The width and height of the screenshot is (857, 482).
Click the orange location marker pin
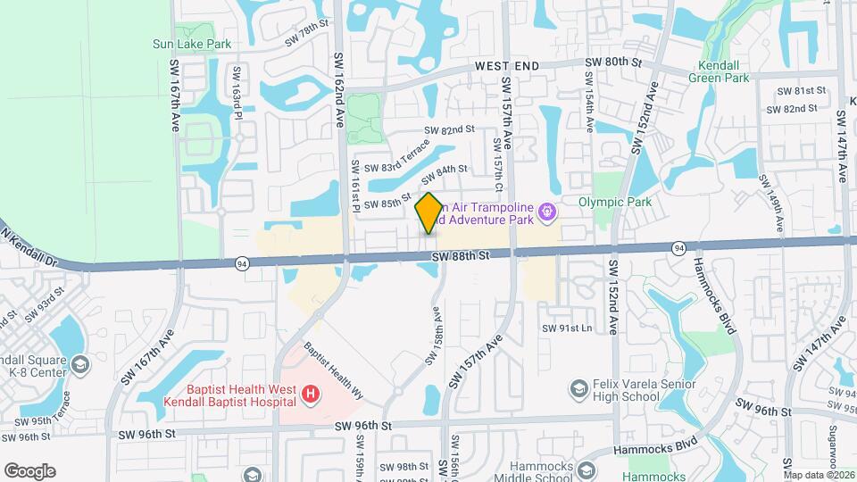429,213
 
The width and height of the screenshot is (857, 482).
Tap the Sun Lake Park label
192,43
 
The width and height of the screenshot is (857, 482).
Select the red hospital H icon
310,394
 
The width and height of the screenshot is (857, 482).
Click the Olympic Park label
614,202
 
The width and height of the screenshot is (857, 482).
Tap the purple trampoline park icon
547,212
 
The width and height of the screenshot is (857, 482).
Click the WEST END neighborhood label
507,66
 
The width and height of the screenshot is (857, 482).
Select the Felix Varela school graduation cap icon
578,388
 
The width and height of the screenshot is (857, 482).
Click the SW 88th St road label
462,256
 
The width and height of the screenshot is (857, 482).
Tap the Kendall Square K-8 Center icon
80,364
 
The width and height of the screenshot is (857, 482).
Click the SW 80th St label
613,62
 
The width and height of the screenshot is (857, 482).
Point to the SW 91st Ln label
567,328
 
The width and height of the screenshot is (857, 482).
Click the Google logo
29,470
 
